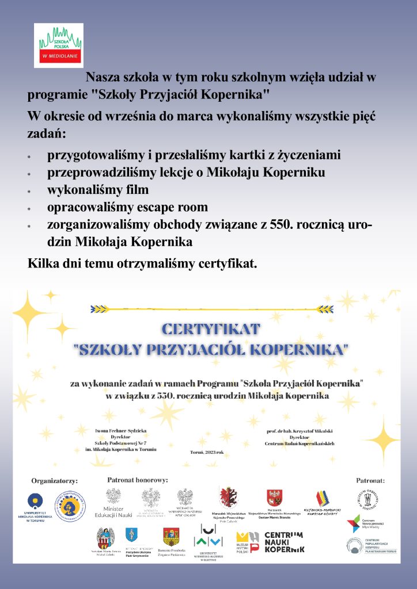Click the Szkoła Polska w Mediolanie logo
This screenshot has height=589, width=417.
pos(59,45)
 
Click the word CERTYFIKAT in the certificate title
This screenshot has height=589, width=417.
pos(211,330)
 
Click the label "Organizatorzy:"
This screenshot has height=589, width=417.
pos(55,480)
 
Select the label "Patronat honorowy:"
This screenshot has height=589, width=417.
pos(138,479)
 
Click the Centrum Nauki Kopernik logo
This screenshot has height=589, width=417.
pos(283,542)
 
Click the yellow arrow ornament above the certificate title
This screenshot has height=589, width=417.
pos(212,309)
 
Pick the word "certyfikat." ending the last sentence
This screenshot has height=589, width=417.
pos(226,265)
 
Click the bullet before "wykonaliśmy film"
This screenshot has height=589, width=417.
pos(29,191)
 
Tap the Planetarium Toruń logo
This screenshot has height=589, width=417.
pos(363,545)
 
